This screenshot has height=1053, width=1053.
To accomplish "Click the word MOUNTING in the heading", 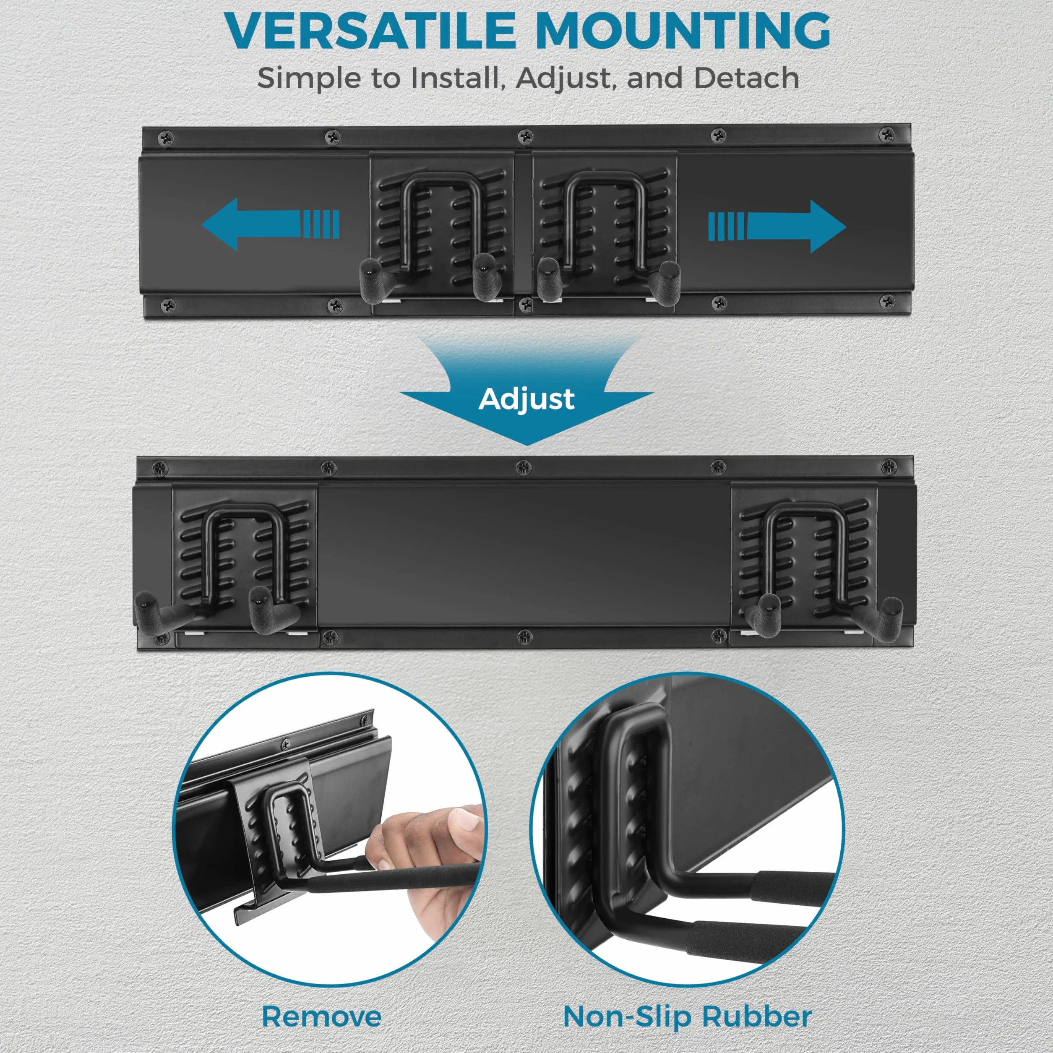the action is (x=683, y=31).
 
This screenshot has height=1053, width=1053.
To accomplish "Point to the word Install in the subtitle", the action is (x=455, y=78).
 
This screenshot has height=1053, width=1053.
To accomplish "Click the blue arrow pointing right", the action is (x=777, y=226).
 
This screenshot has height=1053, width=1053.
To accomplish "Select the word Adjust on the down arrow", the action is (x=526, y=399).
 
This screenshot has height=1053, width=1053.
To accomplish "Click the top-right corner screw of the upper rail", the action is (x=887, y=133).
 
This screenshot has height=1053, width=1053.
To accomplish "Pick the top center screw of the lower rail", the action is (x=524, y=466).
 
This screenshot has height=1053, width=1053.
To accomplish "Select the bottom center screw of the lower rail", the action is (x=524, y=636).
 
